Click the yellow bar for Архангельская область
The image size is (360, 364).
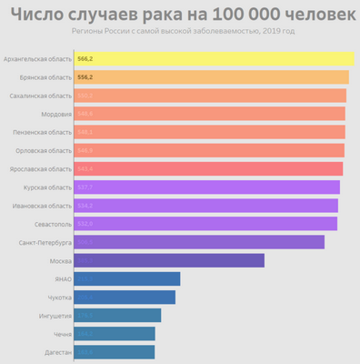pos(214,59)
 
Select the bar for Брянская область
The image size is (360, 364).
pos(211,77)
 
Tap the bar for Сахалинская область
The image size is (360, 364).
pos(209,96)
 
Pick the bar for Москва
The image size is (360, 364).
pos(168,260)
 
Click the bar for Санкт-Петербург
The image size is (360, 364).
pos(198,242)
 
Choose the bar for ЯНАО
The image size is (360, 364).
pos(126,278)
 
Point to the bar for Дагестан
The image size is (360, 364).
pos(114,351)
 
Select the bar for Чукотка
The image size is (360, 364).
pos(124,297)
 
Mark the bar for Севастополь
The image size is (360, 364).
pos(205,224)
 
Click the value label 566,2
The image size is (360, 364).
pos(85,59)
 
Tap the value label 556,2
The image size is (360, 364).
pos(85,77)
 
